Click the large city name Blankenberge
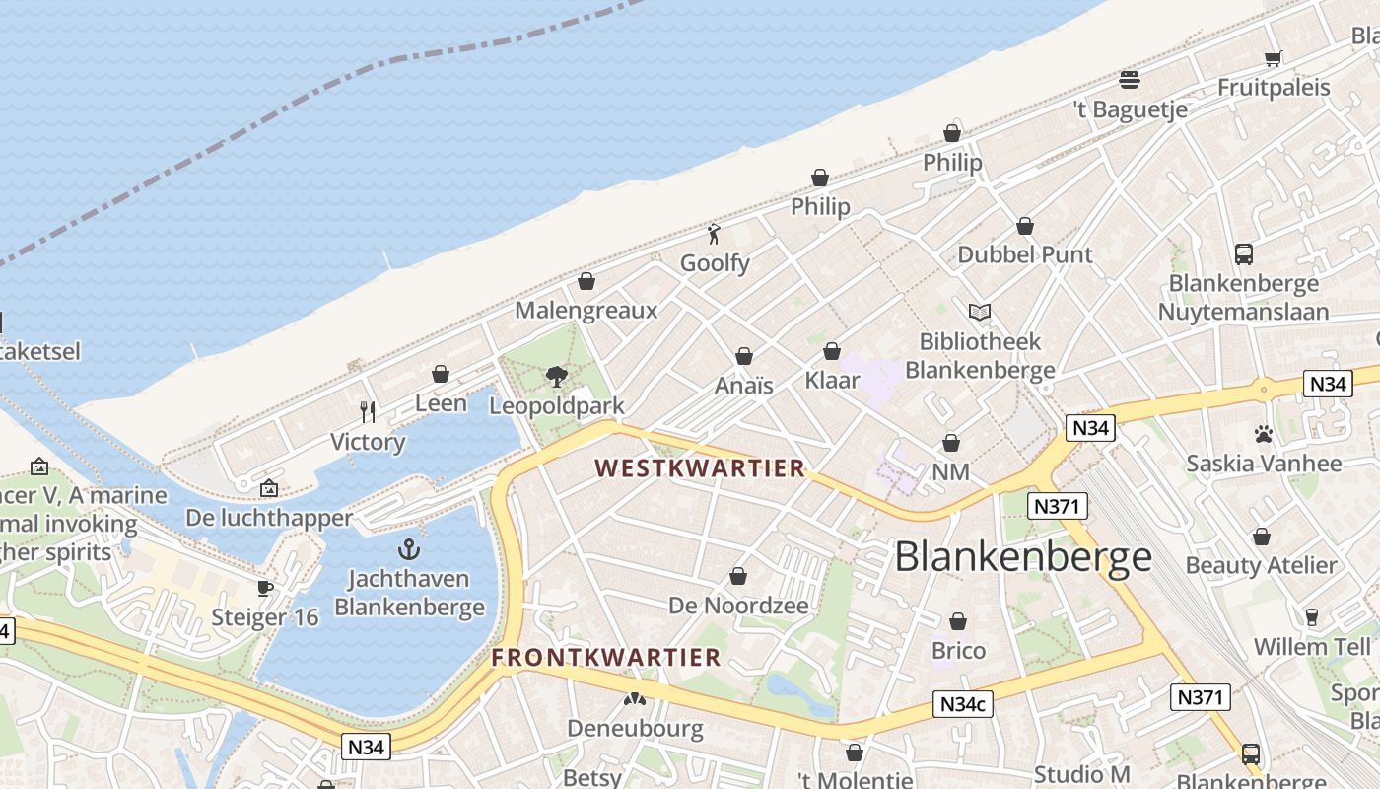(x=1023, y=557)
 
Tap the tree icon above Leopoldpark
(x=556, y=376)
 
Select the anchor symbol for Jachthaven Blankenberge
(x=408, y=549)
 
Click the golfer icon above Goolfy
(x=715, y=234)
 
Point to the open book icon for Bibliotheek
(x=979, y=313)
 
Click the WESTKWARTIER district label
(x=700, y=468)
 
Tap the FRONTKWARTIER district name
(x=606, y=657)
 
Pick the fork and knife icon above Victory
(x=368, y=411)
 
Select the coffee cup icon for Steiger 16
(x=265, y=588)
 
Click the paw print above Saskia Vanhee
(x=1263, y=434)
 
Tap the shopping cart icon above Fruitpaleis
(x=1273, y=58)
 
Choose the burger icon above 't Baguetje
(x=1130, y=80)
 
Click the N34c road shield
(x=962, y=704)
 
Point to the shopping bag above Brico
(x=958, y=621)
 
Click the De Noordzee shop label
(x=738, y=606)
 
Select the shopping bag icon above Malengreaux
(x=586, y=282)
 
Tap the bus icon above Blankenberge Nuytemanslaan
(x=1243, y=253)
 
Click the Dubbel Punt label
(x=1025, y=254)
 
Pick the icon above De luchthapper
(x=268, y=488)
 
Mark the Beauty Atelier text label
(x=1261, y=565)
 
